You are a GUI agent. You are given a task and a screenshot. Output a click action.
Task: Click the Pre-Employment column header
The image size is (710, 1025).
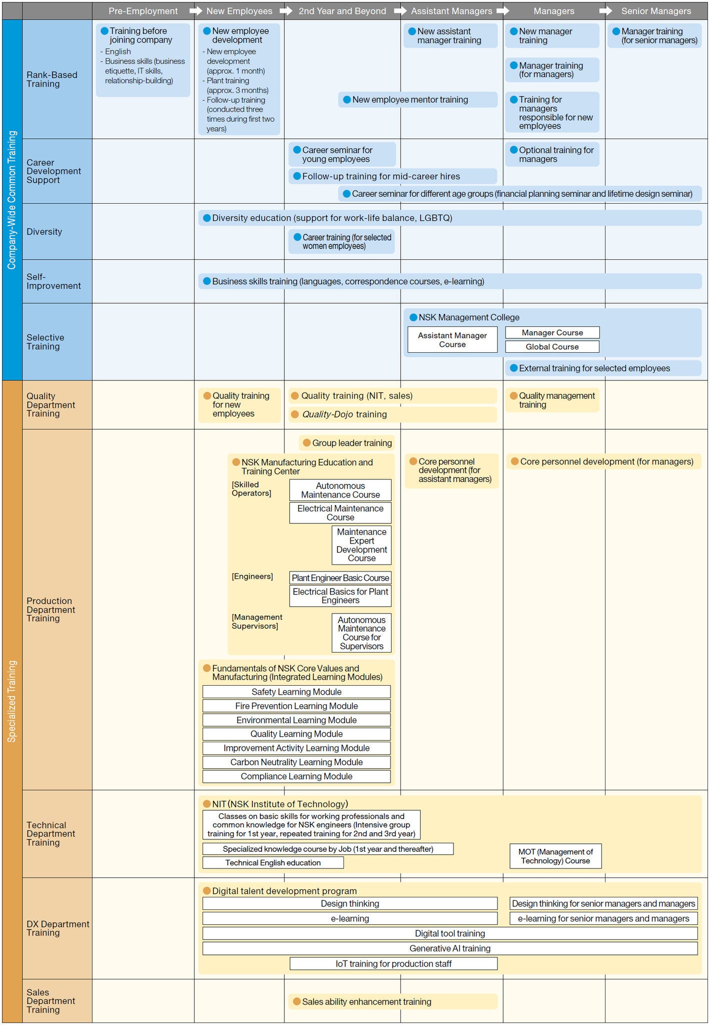click(143, 11)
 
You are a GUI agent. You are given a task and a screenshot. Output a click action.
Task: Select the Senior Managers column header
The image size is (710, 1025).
click(656, 11)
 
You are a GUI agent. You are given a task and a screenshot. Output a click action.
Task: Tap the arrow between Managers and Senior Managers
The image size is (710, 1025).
click(605, 11)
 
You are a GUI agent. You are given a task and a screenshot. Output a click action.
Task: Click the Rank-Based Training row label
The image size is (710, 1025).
click(52, 80)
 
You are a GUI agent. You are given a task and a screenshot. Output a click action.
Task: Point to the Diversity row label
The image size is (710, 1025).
click(44, 232)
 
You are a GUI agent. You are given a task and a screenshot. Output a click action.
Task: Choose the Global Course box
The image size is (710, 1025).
click(552, 347)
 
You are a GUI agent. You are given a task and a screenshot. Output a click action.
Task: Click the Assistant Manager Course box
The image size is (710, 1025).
click(452, 340)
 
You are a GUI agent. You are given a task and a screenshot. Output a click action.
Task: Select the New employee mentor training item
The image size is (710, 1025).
click(410, 100)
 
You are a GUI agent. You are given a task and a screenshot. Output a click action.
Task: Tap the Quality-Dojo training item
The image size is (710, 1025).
click(344, 414)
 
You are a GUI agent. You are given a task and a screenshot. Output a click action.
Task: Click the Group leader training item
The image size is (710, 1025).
click(351, 443)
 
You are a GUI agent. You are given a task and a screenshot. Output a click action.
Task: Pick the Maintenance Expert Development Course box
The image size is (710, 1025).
click(361, 545)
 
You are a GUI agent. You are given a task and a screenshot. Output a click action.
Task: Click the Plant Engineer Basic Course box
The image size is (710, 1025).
click(340, 578)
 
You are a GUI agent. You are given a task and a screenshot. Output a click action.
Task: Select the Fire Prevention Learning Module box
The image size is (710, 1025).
click(296, 706)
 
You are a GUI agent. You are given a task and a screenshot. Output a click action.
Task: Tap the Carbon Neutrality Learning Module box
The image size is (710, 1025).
click(296, 762)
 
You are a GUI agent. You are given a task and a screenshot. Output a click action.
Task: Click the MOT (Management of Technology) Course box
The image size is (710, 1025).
click(555, 856)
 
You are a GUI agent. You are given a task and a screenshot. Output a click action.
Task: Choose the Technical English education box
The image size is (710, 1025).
click(273, 863)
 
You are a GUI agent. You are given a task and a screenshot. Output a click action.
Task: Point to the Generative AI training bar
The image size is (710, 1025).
click(450, 948)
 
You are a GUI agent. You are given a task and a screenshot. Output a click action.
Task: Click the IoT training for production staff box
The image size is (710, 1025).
click(393, 964)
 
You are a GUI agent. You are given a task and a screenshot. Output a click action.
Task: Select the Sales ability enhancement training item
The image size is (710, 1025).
click(366, 1001)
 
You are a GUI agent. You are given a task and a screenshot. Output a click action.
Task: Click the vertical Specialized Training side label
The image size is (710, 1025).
click(12, 701)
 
